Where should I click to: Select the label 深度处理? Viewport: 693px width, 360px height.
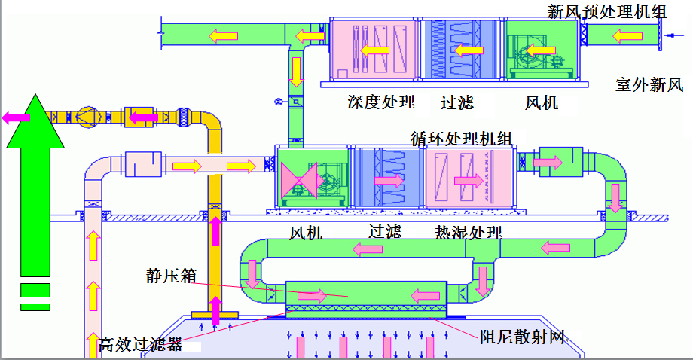click(x=381, y=102)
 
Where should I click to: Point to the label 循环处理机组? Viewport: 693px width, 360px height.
click(x=461, y=139)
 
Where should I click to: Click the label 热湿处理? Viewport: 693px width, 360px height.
click(x=469, y=232)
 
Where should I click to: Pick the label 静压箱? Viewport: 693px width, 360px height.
click(x=171, y=276)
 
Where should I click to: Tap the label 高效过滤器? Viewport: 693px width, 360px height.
click(x=141, y=345)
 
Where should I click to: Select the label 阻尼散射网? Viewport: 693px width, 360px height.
click(x=522, y=337)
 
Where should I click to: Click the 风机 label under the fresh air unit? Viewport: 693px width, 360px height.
click(x=541, y=102)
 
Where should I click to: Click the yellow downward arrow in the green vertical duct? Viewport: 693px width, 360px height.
click(x=297, y=71)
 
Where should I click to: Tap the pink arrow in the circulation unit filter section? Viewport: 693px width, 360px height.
click(x=389, y=181)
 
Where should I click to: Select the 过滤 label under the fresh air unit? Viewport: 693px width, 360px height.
click(x=457, y=102)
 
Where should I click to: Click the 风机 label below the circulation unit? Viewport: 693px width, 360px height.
click(x=306, y=233)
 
